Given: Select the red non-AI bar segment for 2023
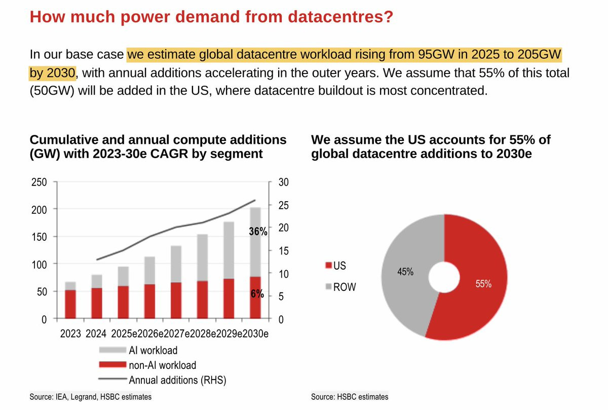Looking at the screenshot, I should pos(70,305).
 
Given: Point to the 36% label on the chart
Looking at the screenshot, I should pos(258,231).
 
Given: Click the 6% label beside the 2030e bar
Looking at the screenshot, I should pos(257,294).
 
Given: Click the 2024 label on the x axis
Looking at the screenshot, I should pos(97,334).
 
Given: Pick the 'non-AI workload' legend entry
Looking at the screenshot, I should pos(162,365).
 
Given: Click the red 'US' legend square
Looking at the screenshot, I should pos(328,265).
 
